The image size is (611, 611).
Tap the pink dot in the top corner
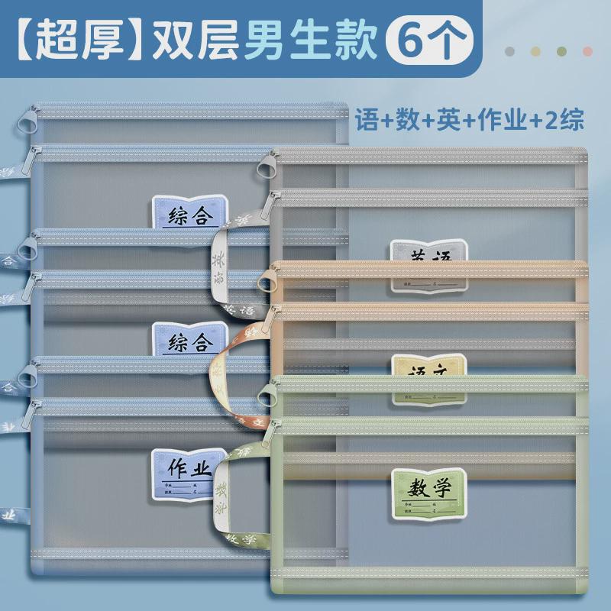point(587,50)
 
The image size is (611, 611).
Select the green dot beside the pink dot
point(562,50)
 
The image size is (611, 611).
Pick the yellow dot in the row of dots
point(536,50)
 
